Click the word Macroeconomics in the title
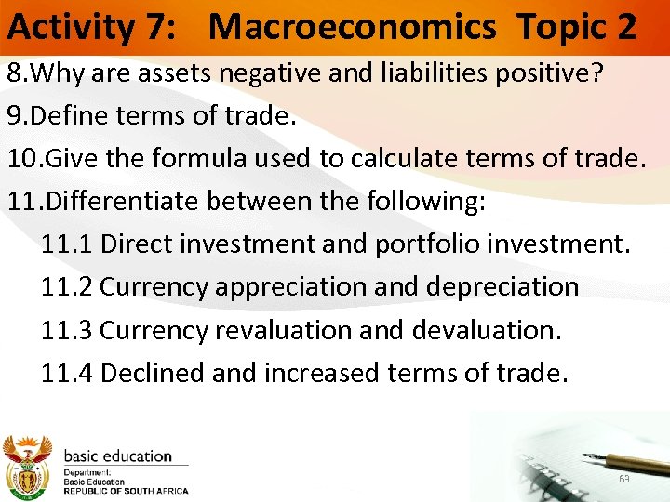click(353, 27)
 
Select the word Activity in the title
click(71, 27)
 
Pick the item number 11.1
click(67, 244)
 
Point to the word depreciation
click(502, 286)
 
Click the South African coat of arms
click(29, 466)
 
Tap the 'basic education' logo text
click(117, 456)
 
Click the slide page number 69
click(623, 479)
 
